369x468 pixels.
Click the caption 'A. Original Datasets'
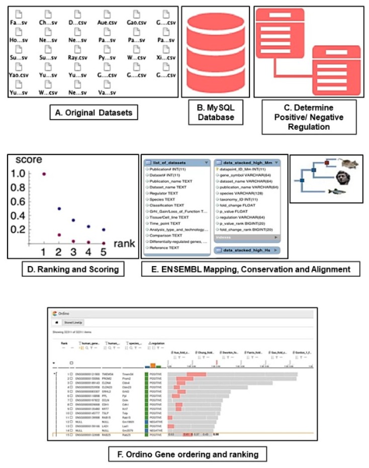94,113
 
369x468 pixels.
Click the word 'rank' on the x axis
122,245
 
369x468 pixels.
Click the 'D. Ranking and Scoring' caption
73,269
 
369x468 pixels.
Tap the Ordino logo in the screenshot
59,314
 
